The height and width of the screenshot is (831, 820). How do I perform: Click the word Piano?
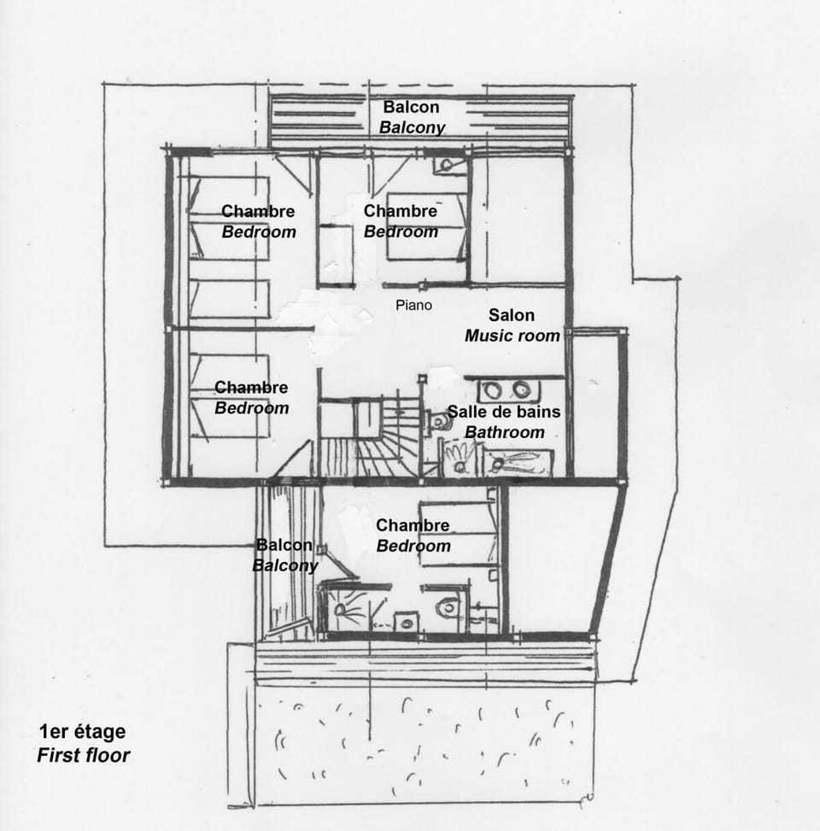[x=414, y=305]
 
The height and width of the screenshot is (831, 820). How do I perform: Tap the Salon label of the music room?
[x=511, y=315]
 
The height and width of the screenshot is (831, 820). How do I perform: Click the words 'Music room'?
[x=512, y=336]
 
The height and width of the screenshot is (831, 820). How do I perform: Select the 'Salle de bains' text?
[x=504, y=412]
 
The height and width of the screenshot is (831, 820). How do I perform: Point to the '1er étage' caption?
[x=82, y=732]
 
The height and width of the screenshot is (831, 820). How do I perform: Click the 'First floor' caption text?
[x=84, y=755]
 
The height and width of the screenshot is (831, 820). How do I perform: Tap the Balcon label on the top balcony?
[x=411, y=107]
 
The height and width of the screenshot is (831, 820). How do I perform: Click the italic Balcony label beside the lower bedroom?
[x=285, y=565]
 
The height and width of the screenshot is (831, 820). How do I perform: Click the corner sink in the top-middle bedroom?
[x=448, y=164]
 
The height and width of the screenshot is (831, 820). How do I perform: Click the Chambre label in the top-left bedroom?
[x=258, y=211]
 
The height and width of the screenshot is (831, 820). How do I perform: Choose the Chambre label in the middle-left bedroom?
[x=251, y=388]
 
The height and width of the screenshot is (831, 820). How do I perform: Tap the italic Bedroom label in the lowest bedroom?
[x=413, y=546]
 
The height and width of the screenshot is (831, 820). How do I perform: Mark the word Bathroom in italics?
[x=505, y=432]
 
